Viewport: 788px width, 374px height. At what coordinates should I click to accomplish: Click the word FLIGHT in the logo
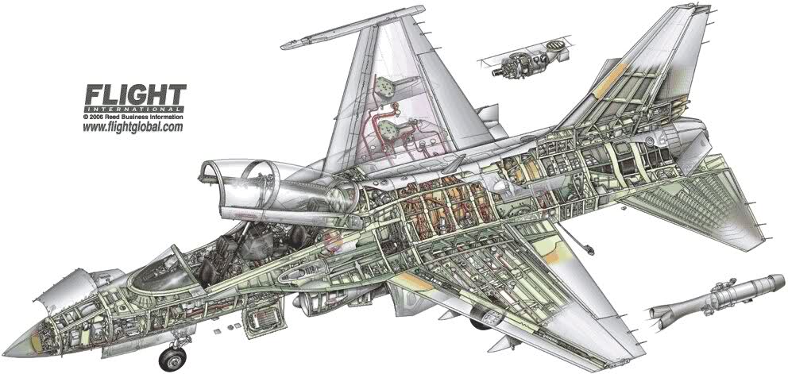tap(135, 94)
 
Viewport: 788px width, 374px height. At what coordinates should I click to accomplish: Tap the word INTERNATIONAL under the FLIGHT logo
tap(135, 108)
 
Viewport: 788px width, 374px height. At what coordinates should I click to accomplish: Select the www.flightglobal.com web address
tap(133, 127)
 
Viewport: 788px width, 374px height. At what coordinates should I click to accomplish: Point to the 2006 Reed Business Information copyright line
tap(133, 116)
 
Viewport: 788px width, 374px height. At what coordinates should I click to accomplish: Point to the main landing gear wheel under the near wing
tap(481, 322)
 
